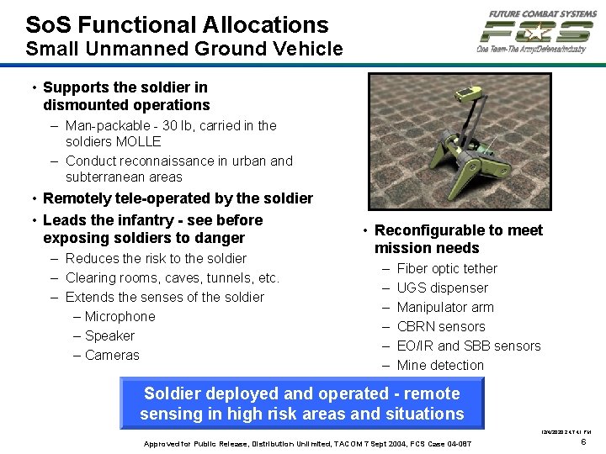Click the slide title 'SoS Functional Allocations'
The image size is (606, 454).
click(177, 24)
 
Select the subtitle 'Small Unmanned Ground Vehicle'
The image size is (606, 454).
click(184, 49)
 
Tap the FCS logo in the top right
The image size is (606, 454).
click(536, 32)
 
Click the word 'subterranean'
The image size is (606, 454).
click(105, 177)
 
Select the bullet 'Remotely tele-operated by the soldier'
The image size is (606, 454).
click(178, 198)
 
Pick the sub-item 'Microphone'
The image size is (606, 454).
click(120, 316)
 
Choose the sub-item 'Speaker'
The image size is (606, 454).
click(109, 335)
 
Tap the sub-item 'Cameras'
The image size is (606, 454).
click(112, 355)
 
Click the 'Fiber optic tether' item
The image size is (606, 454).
click(447, 268)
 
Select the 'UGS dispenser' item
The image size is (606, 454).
click(442, 288)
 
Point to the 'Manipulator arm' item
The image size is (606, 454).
click(445, 307)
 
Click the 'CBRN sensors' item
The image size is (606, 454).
click(441, 326)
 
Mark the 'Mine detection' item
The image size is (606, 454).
click(440, 365)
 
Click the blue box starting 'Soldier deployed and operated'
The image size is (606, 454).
click(302, 404)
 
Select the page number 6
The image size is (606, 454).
click(583, 441)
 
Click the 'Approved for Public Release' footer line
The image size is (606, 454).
click(308, 443)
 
